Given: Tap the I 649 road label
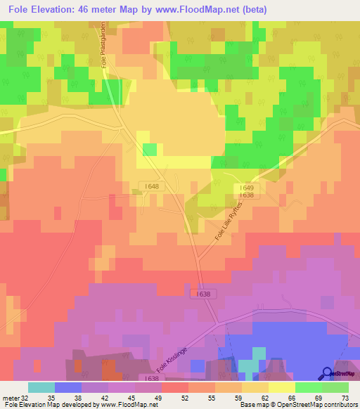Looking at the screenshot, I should click(x=245, y=188).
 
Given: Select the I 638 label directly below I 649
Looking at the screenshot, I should click(x=245, y=195).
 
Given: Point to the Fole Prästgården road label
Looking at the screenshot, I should click(x=103, y=44).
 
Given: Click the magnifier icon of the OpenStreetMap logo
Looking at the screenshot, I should click(x=326, y=373).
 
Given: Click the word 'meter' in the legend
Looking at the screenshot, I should click(x=9, y=397).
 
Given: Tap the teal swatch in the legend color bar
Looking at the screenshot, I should click(x=41, y=387).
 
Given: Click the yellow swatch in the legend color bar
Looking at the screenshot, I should click(x=281, y=387).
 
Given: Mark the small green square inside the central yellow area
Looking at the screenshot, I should click(x=150, y=149).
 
